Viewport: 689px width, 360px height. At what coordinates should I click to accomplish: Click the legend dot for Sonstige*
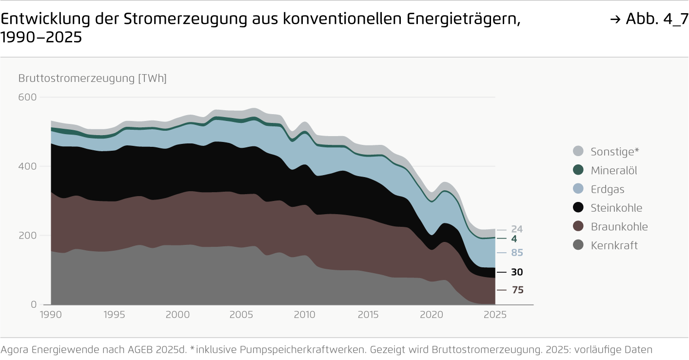coord(578,151)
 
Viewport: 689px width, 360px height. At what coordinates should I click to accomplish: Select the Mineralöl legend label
coord(614,170)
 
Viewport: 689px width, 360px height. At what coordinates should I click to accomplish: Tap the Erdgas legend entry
coord(607,189)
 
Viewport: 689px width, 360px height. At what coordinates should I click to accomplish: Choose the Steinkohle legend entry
coord(616,208)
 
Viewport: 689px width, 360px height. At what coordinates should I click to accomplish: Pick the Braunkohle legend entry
coord(619,227)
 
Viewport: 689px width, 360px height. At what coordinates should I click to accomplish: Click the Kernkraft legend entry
coord(614,245)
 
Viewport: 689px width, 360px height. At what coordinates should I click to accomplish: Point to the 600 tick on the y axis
coord(28,97)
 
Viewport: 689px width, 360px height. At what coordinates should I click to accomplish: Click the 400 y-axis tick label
coord(28,166)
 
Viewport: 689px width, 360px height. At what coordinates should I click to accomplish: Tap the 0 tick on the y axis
coord(34,305)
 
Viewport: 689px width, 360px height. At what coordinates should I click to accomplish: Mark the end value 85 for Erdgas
coord(517,253)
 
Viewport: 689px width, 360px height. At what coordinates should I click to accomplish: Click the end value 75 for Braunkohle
coord(517,290)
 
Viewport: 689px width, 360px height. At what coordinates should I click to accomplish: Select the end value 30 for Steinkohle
coord(517,272)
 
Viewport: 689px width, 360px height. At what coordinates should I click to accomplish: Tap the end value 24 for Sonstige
coord(517,229)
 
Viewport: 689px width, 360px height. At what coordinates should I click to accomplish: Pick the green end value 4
coord(514,239)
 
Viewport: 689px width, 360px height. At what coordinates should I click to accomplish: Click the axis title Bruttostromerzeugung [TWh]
coord(92,79)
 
